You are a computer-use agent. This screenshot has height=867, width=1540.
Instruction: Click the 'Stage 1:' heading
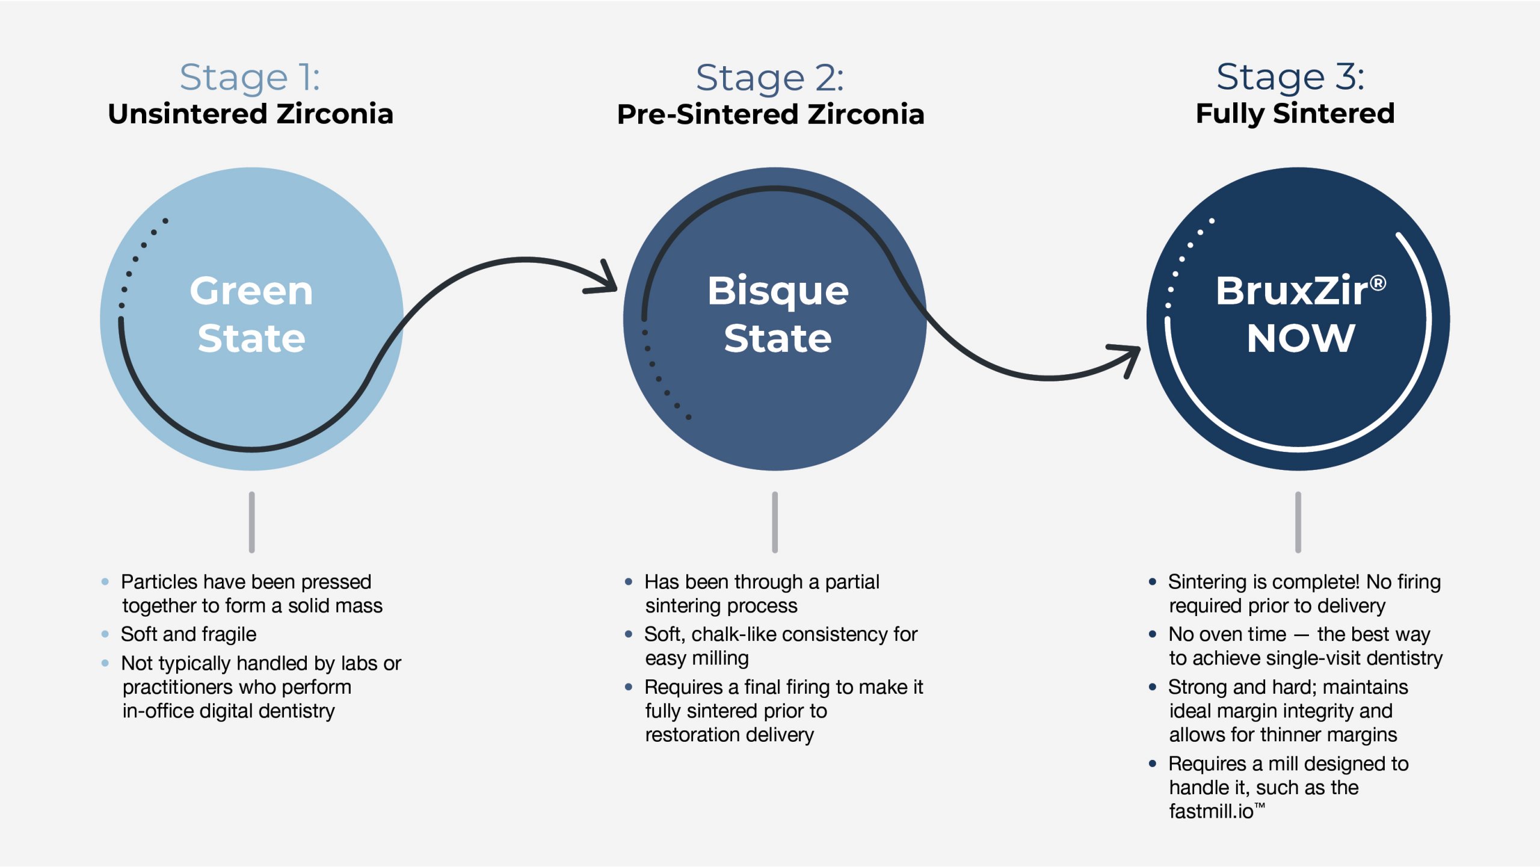coord(250,78)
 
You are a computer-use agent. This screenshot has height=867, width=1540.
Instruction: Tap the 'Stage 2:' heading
coord(770,78)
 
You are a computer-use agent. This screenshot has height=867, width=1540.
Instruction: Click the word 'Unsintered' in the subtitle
coord(187,114)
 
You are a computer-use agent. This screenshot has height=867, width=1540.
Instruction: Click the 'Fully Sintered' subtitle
coord(1295,114)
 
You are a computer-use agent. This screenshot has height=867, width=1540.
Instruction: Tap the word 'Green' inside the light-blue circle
coord(251,291)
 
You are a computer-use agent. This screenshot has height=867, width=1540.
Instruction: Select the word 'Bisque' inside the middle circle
coord(777,291)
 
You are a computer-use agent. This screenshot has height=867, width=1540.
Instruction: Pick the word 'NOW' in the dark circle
coord(1301,338)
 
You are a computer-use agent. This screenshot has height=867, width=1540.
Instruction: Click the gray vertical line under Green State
coord(251,522)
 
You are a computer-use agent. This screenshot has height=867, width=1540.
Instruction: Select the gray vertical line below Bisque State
coord(775,522)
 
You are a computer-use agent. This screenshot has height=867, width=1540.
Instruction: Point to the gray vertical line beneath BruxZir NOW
coord(1298,522)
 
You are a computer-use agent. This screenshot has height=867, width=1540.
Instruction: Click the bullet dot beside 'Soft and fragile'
coord(105,634)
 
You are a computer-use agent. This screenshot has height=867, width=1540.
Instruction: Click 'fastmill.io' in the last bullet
coord(1210,812)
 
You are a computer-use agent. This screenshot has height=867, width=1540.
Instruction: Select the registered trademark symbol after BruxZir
coord(1378,282)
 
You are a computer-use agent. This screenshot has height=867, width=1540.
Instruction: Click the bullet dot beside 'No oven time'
coord(1153,634)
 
